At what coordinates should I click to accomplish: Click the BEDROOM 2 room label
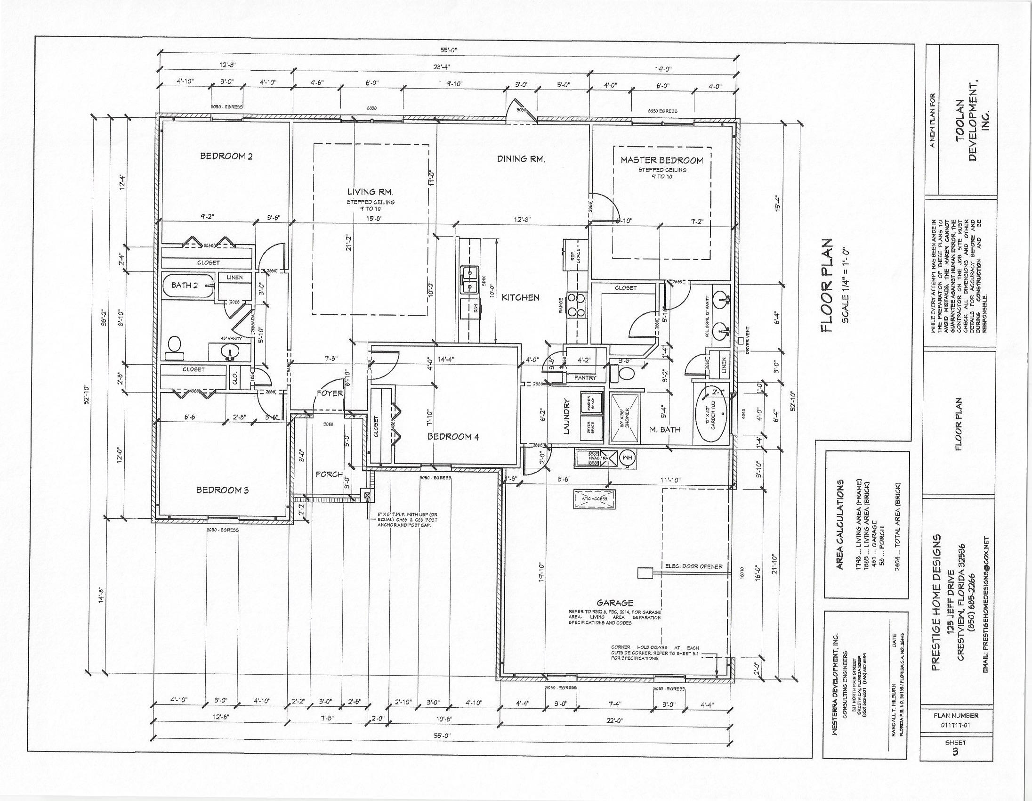click(x=226, y=156)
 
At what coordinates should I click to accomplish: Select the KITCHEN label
click(x=520, y=297)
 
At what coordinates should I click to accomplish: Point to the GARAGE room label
click(x=614, y=603)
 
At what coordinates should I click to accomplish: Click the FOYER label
click(x=330, y=393)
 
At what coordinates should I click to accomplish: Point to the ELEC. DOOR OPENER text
click(x=693, y=566)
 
